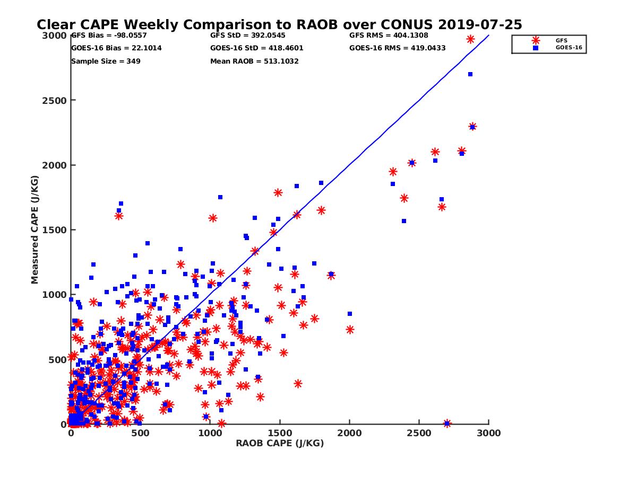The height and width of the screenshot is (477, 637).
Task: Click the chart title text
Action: click(x=279, y=24)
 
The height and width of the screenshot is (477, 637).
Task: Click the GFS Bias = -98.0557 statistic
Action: click(x=109, y=36)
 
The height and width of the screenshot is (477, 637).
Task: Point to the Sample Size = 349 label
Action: click(x=106, y=61)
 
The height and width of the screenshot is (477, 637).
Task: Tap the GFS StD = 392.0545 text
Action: click(x=247, y=36)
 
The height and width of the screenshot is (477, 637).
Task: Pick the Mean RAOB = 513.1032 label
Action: click(x=254, y=61)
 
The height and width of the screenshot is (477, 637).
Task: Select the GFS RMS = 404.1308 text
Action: click(x=389, y=36)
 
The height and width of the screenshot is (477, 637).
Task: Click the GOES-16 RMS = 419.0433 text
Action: click(x=397, y=48)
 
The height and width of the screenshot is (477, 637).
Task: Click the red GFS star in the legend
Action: click(x=536, y=40)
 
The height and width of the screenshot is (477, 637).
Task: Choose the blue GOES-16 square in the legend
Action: click(x=536, y=48)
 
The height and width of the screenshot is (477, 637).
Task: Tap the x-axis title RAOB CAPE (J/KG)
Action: click(x=280, y=444)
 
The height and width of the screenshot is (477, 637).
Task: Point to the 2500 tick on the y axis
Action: click(x=53, y=100)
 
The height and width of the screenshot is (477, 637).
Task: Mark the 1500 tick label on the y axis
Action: click(x=53, y=230)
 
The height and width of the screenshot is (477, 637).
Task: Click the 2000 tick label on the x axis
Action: click(x=349, y=433)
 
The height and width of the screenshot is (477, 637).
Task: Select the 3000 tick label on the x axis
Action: click(x=488, y=433)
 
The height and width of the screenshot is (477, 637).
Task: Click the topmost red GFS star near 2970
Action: click(x=470, y=39)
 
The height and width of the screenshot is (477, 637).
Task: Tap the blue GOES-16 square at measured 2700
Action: click(x=470, y=74)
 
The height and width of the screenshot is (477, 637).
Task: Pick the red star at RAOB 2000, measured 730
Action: click(x=350, y=330)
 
